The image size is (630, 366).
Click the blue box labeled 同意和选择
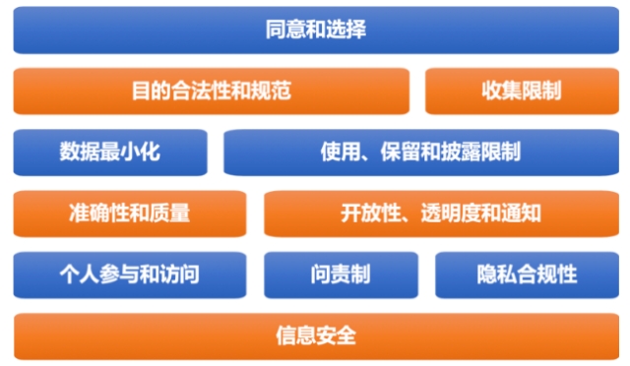click(316, 30)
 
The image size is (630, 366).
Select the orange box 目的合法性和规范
click(212, 91)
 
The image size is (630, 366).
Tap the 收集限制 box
click(522, 91)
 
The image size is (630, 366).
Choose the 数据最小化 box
click(110, 152)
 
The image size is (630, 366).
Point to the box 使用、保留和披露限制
click(421, 152)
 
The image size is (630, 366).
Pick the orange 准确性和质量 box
click(130, 213)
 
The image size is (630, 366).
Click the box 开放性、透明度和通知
click(441, 213)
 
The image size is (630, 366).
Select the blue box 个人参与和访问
click(130, 274)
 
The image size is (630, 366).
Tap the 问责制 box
click(341, 274)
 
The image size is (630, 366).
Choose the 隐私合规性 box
click(527, 274)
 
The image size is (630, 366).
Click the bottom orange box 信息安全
click(316, 336)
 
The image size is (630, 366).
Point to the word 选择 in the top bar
click(346, 30)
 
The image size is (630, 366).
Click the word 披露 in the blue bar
click(461, 152)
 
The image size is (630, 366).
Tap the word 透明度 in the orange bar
click(451, 213)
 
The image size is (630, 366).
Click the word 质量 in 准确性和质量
click(169, 213)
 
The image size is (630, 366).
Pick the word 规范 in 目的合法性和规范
click(271, 91)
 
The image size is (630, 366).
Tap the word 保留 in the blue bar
click(401, 152)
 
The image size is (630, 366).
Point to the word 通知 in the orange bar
click(521, 213)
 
